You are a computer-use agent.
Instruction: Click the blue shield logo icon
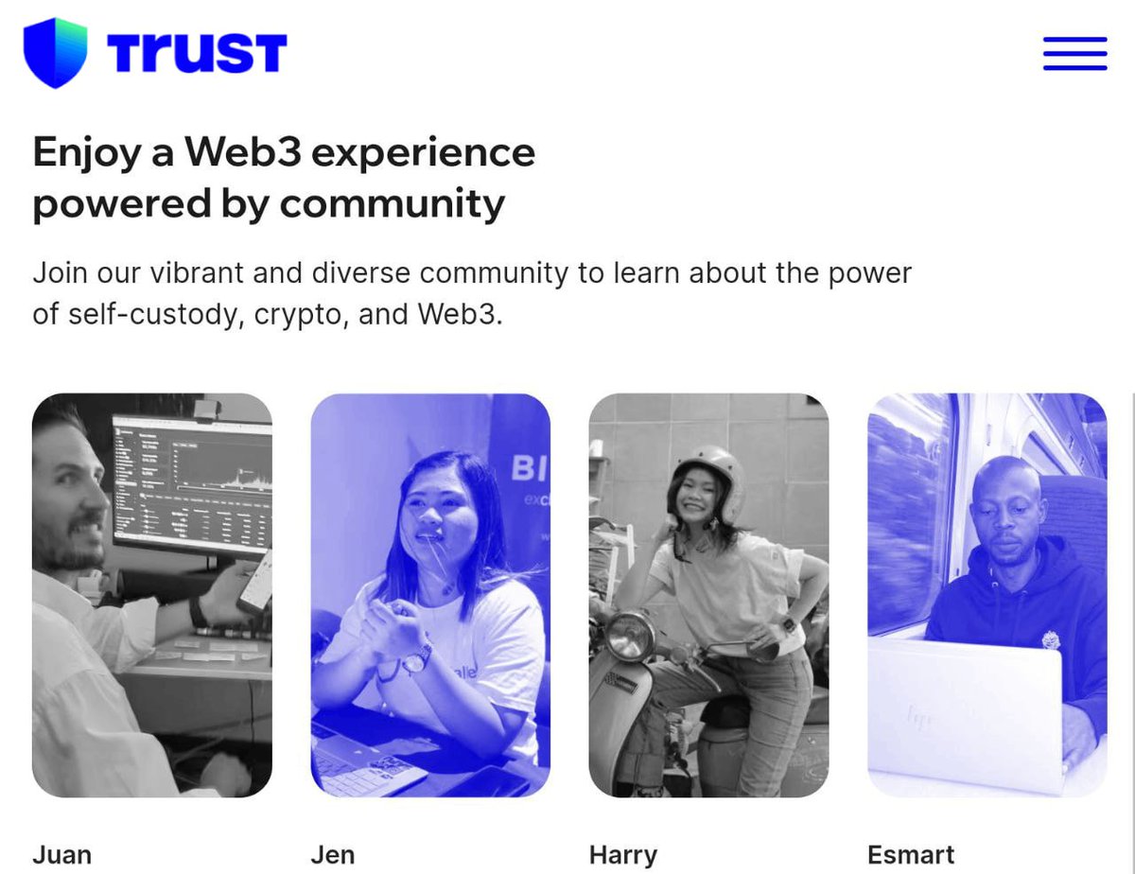point(55,53)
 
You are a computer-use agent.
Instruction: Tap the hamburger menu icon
point(1074,53)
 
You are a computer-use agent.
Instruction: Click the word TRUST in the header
point(197,53)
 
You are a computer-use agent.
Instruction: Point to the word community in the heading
point(392,203)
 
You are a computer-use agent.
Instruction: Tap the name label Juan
point(62,854)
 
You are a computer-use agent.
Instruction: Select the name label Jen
point(333,854)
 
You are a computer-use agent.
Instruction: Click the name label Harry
point(622,854)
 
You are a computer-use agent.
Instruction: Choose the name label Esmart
point(911,854)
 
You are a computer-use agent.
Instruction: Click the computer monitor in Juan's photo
point(194,482)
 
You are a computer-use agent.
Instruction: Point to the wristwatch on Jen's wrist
point(417,658)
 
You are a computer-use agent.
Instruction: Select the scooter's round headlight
point(629,636)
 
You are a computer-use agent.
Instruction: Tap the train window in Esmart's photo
point(908,511)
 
